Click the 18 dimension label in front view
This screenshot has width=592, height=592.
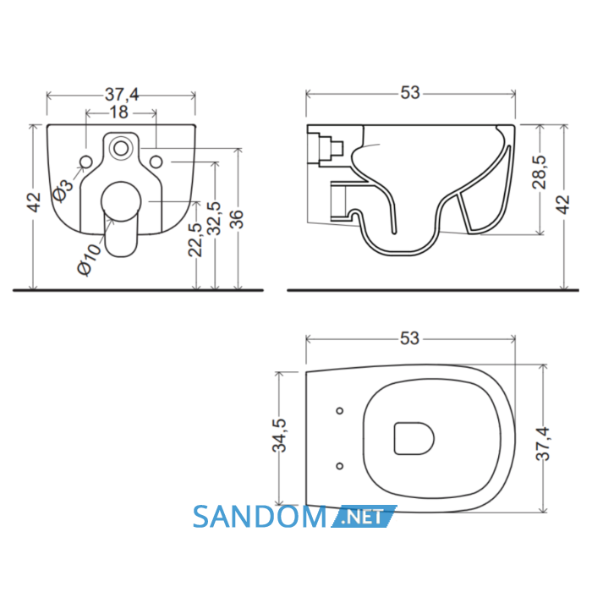click(119, 112)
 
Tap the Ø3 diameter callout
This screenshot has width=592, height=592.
click(63, 190)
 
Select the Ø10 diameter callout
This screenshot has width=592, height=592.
click(89, 259)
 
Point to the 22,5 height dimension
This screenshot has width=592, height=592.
click(195, 239)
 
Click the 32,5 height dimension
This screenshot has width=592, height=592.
click(214, 218)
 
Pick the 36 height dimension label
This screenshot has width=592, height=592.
click(237, 219)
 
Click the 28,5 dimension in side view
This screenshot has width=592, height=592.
click(540, 172)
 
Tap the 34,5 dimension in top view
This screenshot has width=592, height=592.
click(280, 436)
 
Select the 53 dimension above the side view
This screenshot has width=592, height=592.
click(410, 92)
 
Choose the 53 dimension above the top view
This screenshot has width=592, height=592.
click(410, 338)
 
